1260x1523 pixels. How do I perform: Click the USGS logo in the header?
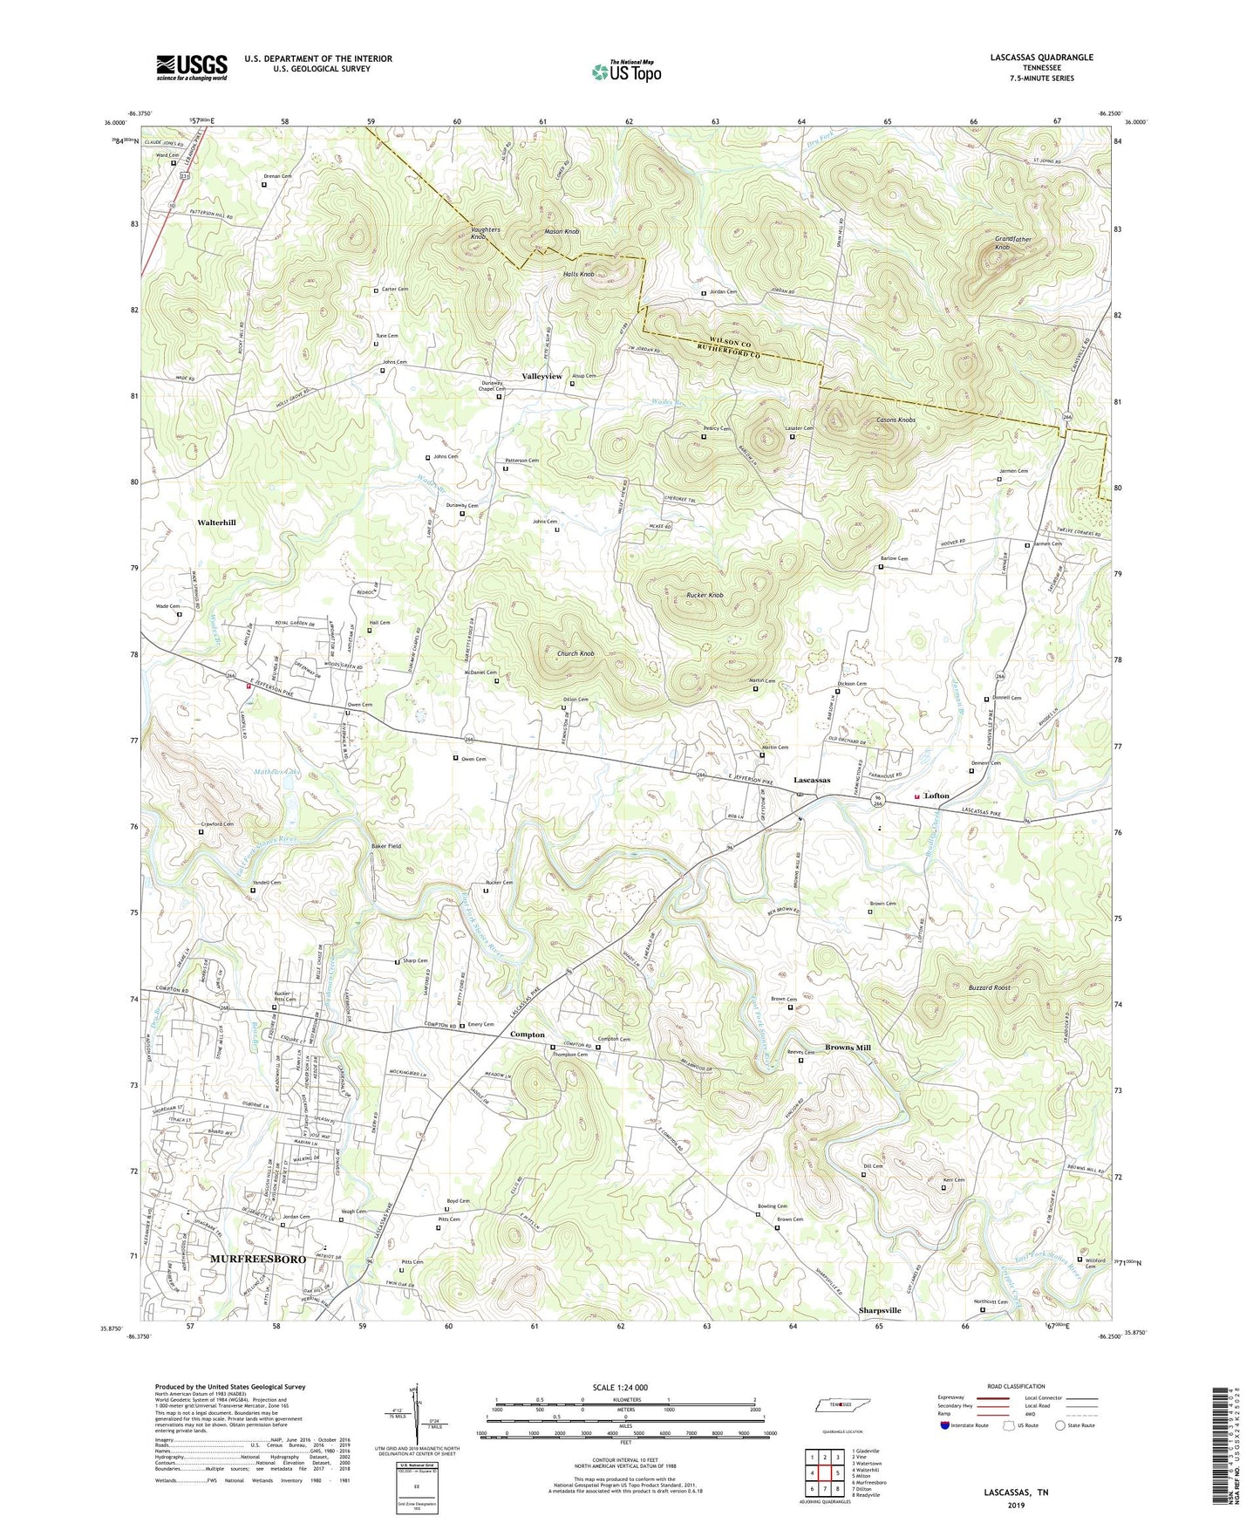click(x=192, y=66)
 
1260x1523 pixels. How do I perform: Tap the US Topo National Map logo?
click(x=626, y=72)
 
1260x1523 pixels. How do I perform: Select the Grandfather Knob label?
click(x=1013, y=243)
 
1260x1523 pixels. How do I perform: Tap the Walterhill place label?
click(x=216, y=522)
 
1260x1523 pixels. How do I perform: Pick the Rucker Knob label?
click(x=704, y=595)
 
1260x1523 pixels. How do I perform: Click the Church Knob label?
click(x=576, y=653)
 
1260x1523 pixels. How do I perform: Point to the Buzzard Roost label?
click(x=990, y=987)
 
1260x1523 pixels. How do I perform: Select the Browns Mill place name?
click(x=848, y=1048)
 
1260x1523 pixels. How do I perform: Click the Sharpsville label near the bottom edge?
click(x=879, y=1310)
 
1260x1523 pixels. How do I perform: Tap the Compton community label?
click(x=528, y=1035)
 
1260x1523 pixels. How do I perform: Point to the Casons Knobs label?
click(x=896, y=420)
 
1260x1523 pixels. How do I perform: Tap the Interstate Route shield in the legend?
click(x=946, y=1425)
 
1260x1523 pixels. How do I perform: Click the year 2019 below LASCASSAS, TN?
click(x=1016, y=1506)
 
